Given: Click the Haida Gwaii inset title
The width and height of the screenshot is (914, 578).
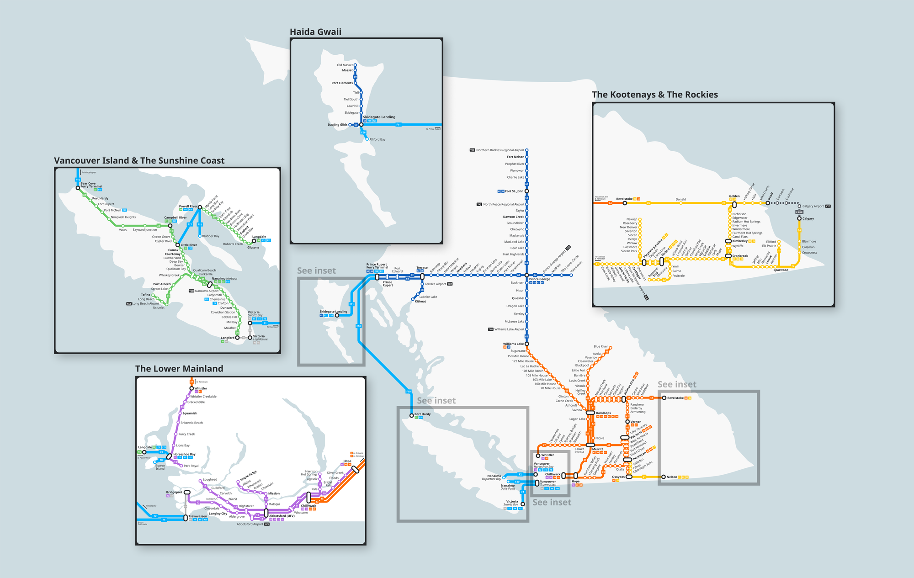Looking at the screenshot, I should coord(315,32).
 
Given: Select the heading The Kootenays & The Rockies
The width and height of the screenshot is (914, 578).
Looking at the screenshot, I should coord(654,95).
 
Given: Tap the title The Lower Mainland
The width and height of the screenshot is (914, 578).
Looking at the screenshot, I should coord(179,369).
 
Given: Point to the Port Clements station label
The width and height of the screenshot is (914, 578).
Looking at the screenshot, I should coord(342,83).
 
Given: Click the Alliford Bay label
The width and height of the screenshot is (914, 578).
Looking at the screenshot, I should coord(377,139).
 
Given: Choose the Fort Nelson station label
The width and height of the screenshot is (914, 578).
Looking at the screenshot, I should coord(515,157).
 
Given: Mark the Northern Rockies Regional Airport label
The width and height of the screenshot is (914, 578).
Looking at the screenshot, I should coord(500,150).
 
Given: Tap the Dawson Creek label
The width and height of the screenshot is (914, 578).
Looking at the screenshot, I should coord(513,217).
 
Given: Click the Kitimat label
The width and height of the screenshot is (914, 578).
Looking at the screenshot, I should coord(420,302).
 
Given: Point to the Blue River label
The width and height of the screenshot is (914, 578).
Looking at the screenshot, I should coord(600,346).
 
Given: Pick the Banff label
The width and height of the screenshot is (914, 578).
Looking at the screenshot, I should coord(770,196).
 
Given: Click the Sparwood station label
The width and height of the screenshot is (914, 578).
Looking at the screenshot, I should coord(781,270).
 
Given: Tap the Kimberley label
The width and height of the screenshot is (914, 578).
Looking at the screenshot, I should coord(739,241).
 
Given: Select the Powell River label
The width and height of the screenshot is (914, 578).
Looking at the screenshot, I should coord(188,207).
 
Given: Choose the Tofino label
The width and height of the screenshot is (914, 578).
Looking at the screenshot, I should coord(145,295).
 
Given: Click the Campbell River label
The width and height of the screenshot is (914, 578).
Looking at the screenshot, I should coord(175,217).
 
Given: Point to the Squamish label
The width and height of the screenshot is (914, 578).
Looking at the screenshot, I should coord(190,413).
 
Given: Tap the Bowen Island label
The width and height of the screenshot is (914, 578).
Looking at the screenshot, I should coord(160,467).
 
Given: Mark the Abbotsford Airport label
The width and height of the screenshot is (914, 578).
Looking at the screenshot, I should coord(250,524).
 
